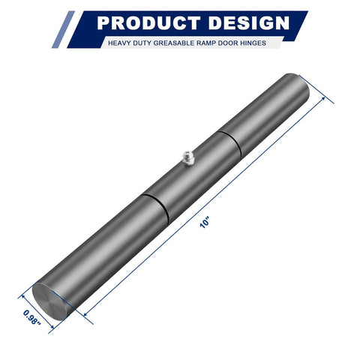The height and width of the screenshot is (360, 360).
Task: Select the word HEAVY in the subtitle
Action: (120, 43)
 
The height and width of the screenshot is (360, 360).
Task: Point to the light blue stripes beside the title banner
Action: (63, 30)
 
